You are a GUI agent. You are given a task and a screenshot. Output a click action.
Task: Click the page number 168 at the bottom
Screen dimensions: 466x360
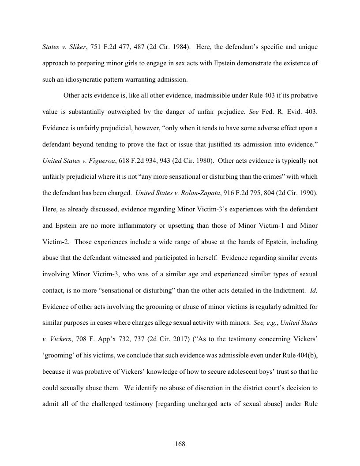coord(180,444)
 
